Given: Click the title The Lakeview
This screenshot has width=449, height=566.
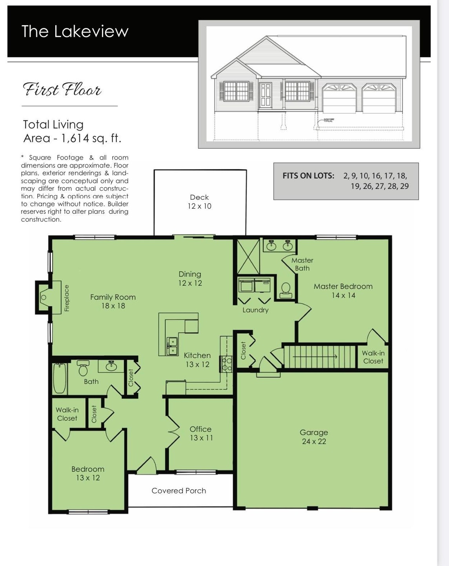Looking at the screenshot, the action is (x=75, y=31).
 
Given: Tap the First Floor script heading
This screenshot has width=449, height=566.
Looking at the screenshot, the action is (x=62, y=90).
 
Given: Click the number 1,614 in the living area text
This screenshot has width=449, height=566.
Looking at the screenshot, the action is (x=75, y=138).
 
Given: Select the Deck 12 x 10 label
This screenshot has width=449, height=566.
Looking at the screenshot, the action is (x=199, y=202).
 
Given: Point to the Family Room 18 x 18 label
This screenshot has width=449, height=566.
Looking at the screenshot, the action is (x=113, y=301).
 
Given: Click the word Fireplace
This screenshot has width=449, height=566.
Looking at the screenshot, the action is (x=67, y=298).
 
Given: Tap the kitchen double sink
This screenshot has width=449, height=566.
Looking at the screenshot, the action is (x=172, y=346).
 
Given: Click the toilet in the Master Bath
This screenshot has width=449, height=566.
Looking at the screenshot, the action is (x=286, y=290).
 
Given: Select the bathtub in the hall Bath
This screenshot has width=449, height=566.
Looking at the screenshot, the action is (x=60, y=378).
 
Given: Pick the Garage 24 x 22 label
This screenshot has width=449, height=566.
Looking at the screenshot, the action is (x=314, y=437).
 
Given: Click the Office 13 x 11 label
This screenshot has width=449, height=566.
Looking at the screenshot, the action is (x=201, y=434).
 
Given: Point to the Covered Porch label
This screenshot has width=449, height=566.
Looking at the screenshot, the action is (x=179, y=491).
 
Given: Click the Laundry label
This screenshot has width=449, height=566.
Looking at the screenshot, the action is (x=256, y=310).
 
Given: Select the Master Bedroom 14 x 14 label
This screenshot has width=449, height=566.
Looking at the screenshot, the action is (x=343, y=290).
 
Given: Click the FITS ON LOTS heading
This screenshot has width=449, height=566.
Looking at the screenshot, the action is (x=308, y=176).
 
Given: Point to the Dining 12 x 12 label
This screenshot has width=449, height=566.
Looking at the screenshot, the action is (x=190, y=279).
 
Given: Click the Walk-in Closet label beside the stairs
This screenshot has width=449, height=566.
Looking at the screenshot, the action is (x=373, y=357).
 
